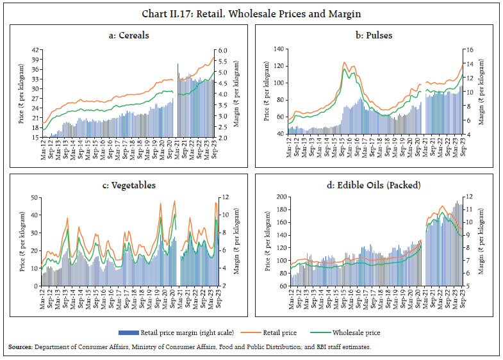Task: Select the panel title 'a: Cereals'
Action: click(129, 35)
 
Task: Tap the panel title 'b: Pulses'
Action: click(374, 35)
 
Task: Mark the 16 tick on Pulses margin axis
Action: click(468, 49)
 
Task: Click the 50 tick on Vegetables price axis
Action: click(34, 199)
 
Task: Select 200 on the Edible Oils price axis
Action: click(279, 197)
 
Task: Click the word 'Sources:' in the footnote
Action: click(23, 347)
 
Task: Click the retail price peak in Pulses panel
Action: click(345, 62)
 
